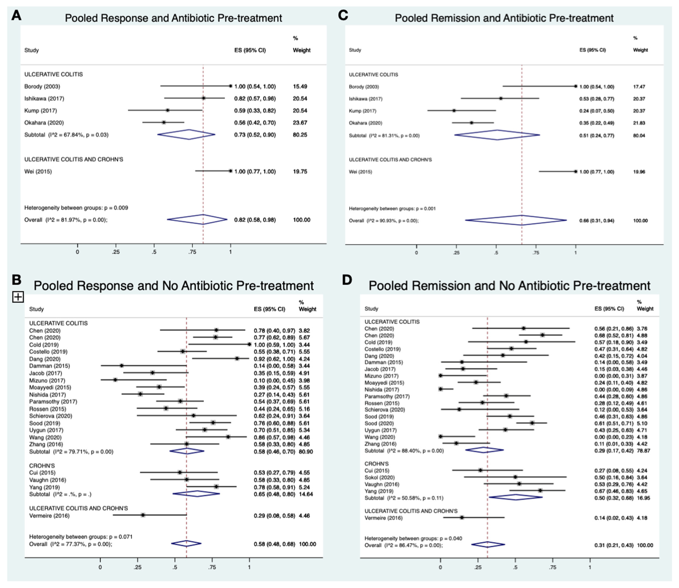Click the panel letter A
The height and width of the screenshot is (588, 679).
[16, 15]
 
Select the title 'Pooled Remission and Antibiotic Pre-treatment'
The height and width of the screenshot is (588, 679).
[504, 18]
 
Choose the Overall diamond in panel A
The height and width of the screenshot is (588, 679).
[197, 220]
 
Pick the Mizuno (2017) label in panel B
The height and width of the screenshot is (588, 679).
[47, 380]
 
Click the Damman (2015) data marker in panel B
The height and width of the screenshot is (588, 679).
[122, 366]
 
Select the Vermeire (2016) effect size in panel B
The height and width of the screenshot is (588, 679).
[274, 515]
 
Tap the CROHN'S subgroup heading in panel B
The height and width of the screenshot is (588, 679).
[42, 466]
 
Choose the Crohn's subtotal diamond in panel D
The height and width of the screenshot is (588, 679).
[515, 497]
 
